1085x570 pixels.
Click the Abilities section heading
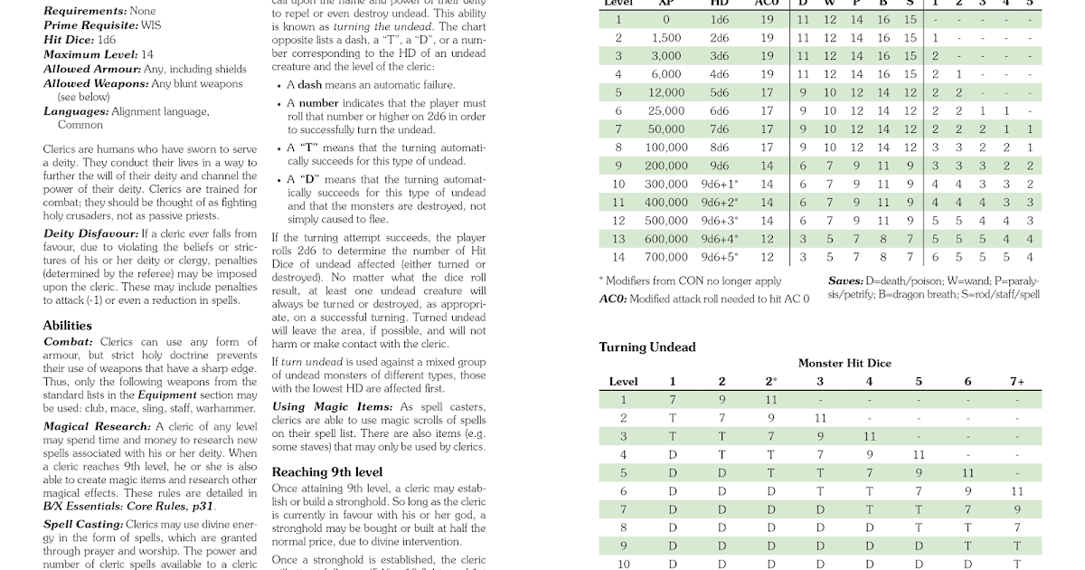(68, 326)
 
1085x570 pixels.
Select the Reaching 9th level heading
(326, 472)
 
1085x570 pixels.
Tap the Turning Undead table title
(647, 347)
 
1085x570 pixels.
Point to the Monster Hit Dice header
(844, 364)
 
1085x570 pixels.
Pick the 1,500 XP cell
(666, 38)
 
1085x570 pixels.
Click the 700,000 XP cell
(666, 257)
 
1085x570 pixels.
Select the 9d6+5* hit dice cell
(720, 257)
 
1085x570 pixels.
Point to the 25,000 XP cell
(666, 111)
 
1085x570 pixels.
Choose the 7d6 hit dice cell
(720, 129)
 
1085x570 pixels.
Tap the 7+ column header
(1017, 382)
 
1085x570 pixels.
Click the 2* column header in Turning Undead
(771, 382)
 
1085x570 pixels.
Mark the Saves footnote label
(844, 281)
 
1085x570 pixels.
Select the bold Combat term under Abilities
(68, 341)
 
